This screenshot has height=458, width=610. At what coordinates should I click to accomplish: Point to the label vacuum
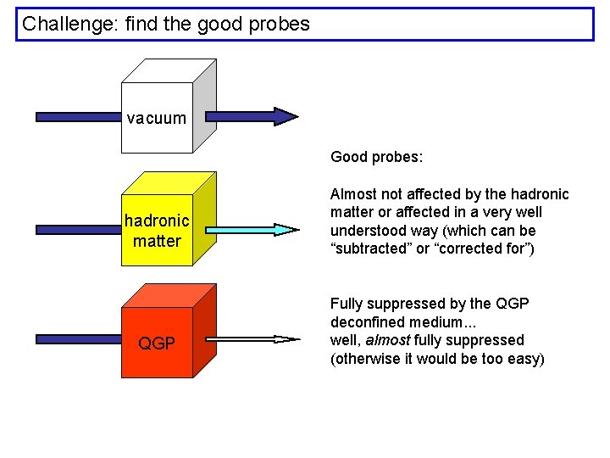[x=157, y=118]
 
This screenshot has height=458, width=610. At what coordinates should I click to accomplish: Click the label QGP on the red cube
[x=157, y=343]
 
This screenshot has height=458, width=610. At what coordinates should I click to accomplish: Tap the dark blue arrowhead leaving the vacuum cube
[x=285, y=117]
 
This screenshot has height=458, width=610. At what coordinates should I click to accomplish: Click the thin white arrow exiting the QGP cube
[x=254, y=339]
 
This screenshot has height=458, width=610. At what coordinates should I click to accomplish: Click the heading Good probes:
[x=376, y=157]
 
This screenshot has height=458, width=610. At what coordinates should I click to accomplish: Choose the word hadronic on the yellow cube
[x=157, y=221]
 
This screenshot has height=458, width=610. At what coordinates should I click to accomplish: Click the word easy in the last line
[x=520, y=359]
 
